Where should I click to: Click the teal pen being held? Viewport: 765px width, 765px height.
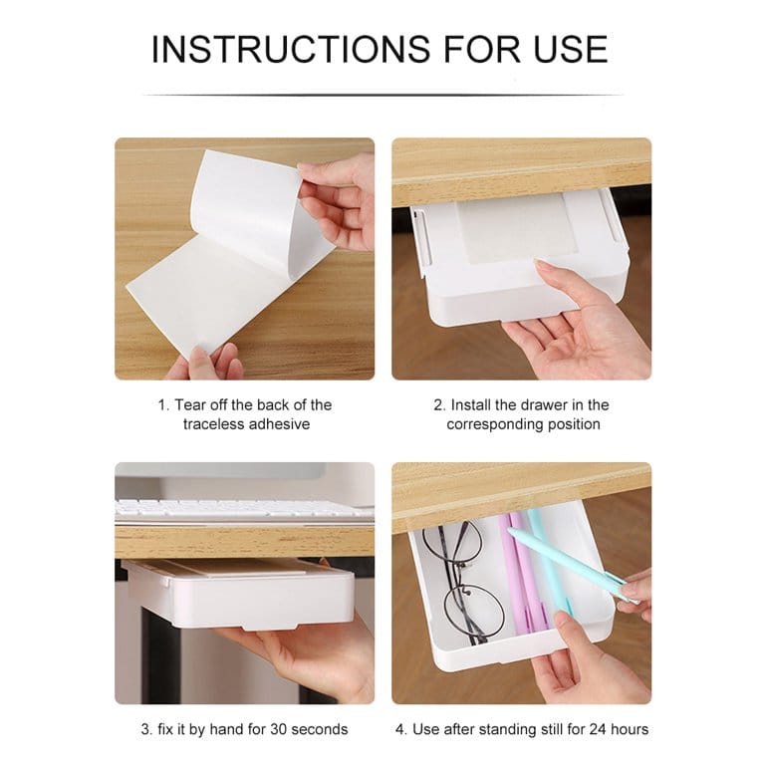coord(570,558)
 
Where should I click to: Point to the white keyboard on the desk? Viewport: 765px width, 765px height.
coord(244,509)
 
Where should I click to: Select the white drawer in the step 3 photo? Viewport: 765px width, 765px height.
coord(239,593)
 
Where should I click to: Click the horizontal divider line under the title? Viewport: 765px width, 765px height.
coord(382,96)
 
